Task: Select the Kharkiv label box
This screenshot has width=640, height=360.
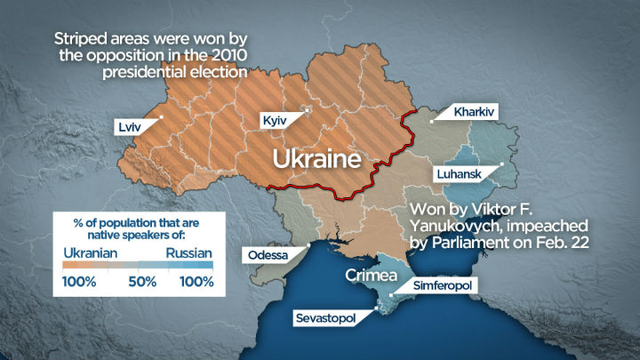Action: point(474,113)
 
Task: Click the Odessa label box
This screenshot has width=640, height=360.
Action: point(268,255)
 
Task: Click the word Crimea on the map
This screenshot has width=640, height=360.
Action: point(371,275)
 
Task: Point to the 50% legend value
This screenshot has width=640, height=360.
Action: point(140,282)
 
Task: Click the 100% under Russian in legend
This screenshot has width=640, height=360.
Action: point(196,282)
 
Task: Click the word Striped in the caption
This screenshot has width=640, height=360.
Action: point(80,39)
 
